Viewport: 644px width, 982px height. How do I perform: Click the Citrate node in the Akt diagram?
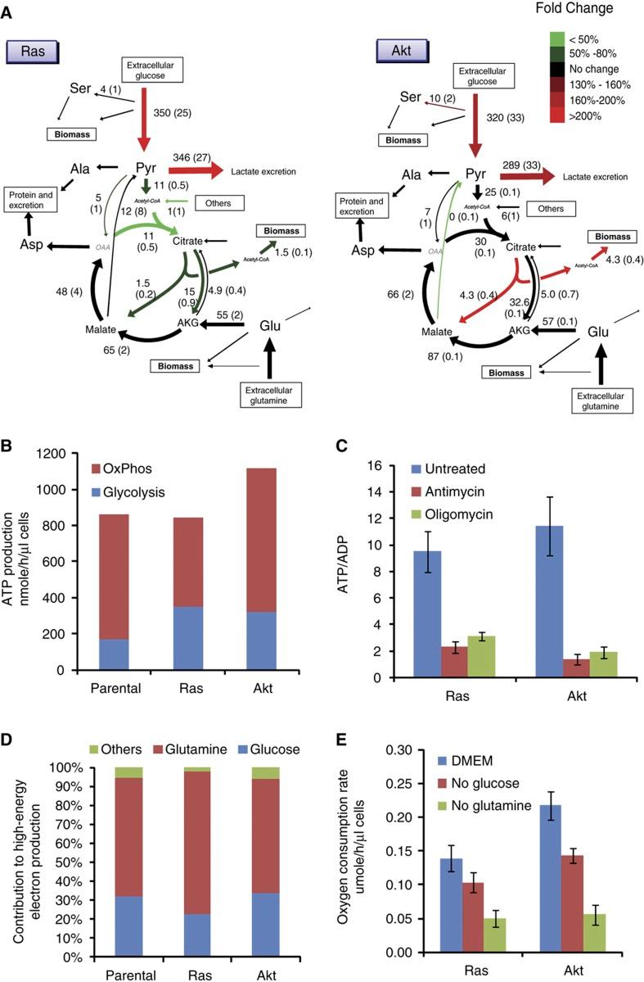click(523, 246)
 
